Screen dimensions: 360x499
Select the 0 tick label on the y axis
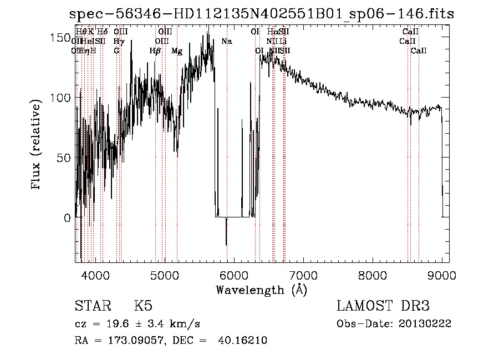(67, 218)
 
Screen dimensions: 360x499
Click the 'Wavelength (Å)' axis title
(261, 290)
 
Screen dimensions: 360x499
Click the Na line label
(227, 41)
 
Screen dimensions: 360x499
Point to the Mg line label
(177, 51)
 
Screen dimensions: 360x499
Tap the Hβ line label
(155, 51)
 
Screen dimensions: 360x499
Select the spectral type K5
(143, 306)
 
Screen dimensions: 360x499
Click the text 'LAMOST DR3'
(383, 306)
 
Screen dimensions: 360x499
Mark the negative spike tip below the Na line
(226, 245)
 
